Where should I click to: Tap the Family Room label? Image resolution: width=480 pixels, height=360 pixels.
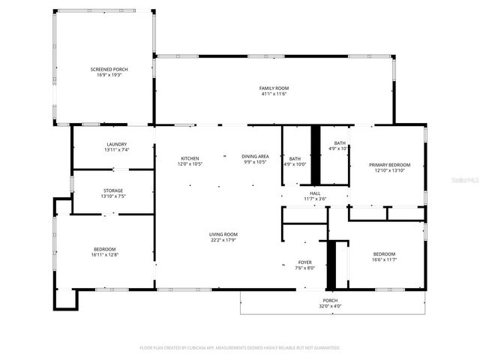coord(274,88)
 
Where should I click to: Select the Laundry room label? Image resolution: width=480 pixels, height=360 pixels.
coord(116,144)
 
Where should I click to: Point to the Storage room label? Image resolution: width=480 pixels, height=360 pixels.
coord(113,190)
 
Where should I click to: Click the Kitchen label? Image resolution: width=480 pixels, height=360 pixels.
coord(190,157)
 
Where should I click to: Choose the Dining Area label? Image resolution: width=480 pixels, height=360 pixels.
coord(255,157)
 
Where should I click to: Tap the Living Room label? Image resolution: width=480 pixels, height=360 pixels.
coord(223,235)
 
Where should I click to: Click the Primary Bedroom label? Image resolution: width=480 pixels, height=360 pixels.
coord(389,164)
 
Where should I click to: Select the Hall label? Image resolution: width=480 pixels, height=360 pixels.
coord(315,193)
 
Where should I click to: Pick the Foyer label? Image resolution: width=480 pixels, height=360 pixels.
coord(305,262)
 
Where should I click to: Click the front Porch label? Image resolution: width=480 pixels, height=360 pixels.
coord(330,299)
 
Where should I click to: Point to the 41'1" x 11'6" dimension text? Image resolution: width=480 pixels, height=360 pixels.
coord(274,94)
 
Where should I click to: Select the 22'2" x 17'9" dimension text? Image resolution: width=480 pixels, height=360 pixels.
coord(223,241)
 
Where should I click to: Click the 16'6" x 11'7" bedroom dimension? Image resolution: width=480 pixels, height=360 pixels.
coord(383,260)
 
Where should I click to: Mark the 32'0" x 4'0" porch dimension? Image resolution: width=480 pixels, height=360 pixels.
coord(330,306)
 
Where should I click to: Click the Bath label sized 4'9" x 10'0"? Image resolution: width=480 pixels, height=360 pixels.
coord(295,158)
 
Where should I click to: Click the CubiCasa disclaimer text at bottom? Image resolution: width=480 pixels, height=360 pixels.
coord(240,348)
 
